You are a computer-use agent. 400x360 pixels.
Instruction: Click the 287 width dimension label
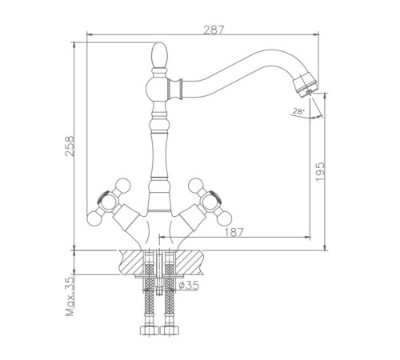pos(214,30)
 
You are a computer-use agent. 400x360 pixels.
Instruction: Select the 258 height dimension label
pos(70,146)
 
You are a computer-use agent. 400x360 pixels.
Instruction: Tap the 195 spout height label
pos(320,171)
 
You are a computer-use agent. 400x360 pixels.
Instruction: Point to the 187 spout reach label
pos(234,232)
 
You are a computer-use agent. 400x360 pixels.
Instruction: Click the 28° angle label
pos(298,111)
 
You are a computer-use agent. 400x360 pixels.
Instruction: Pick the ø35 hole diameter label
pos(189,286)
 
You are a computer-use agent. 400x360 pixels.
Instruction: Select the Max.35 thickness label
pos(70,297)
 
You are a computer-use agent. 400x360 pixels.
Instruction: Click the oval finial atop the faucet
pos(160,55)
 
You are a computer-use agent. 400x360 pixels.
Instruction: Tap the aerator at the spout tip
pos(305,84)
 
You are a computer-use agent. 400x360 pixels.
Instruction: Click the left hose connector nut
pos(149,330)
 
